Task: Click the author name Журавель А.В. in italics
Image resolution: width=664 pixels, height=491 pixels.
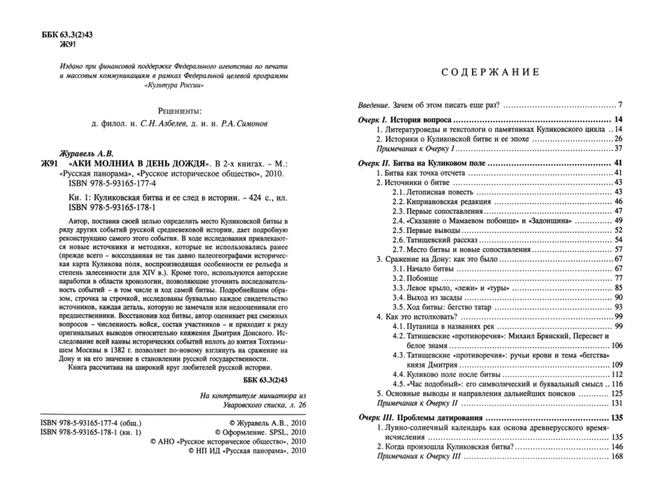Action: (87, 154)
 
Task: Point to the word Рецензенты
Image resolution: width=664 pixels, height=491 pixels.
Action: (180, 111)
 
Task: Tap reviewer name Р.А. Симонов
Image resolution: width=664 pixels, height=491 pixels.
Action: (244, 124)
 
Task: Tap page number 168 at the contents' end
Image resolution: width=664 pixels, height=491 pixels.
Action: (617, 456)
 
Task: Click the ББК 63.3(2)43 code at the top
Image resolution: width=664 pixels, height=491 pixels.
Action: (67, 35)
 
